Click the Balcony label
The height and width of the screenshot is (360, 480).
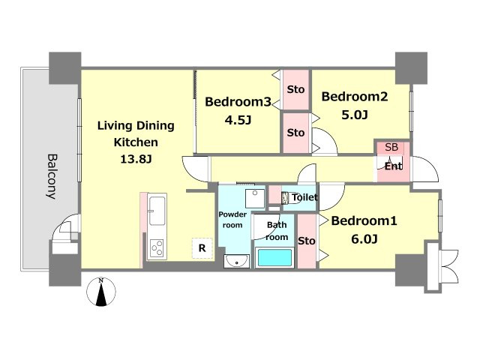52,176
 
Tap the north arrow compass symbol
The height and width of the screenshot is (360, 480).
101,292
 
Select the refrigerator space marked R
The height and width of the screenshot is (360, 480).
202,248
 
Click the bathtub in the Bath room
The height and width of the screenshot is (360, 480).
274,257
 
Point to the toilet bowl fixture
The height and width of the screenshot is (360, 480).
286,198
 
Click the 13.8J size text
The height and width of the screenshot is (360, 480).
136,159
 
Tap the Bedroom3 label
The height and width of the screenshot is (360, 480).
238,102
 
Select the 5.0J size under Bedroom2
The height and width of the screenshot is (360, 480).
355,115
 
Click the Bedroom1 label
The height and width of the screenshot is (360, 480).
364,220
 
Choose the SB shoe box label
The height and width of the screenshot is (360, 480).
391,147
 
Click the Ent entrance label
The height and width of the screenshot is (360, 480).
393,166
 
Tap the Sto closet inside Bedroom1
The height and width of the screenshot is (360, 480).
307,241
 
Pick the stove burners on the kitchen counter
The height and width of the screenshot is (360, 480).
157,248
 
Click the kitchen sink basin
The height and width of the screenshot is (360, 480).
157,211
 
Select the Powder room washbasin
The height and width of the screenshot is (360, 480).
236,261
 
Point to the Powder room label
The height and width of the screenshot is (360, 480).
232,220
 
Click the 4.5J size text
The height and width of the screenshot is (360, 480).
238,120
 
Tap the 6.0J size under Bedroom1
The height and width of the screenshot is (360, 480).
364,238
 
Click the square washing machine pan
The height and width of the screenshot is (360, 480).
255,199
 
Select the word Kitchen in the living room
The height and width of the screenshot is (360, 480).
136,142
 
